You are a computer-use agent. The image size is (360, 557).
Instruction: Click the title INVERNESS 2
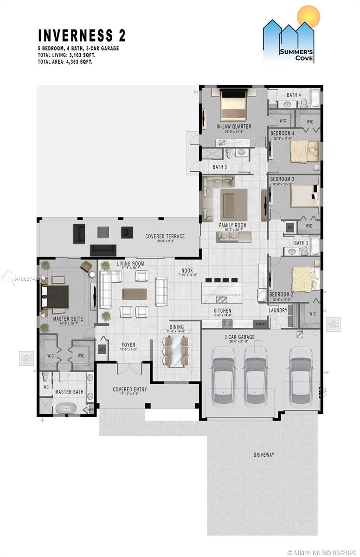[x=81, y=35]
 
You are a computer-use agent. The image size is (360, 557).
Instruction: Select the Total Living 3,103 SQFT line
[x=70, y=55]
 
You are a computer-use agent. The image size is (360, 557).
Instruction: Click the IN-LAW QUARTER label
[x=233, y=126]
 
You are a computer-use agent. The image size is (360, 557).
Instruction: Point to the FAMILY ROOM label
[x=232, y=226]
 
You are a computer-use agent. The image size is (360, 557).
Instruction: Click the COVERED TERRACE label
[x=165, y=236]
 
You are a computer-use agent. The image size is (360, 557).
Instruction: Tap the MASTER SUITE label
[x=68, y=319]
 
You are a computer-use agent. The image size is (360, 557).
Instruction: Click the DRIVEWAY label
[x=263, y=455]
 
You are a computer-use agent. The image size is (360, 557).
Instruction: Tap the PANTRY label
[x=261, y=324]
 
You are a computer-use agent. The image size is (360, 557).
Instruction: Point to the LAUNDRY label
[x=278, y=311]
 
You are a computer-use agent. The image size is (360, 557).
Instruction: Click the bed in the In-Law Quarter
[x=233, y=106]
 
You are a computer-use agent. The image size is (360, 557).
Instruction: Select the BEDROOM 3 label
[x=282, y=179]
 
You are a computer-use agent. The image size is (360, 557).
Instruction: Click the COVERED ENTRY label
[x=129, y=389]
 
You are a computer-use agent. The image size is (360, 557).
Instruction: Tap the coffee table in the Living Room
[x=135, y=294]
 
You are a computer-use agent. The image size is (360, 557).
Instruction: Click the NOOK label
[x=187, y=271]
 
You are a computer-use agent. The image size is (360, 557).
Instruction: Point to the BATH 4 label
[x=294, y=95]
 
